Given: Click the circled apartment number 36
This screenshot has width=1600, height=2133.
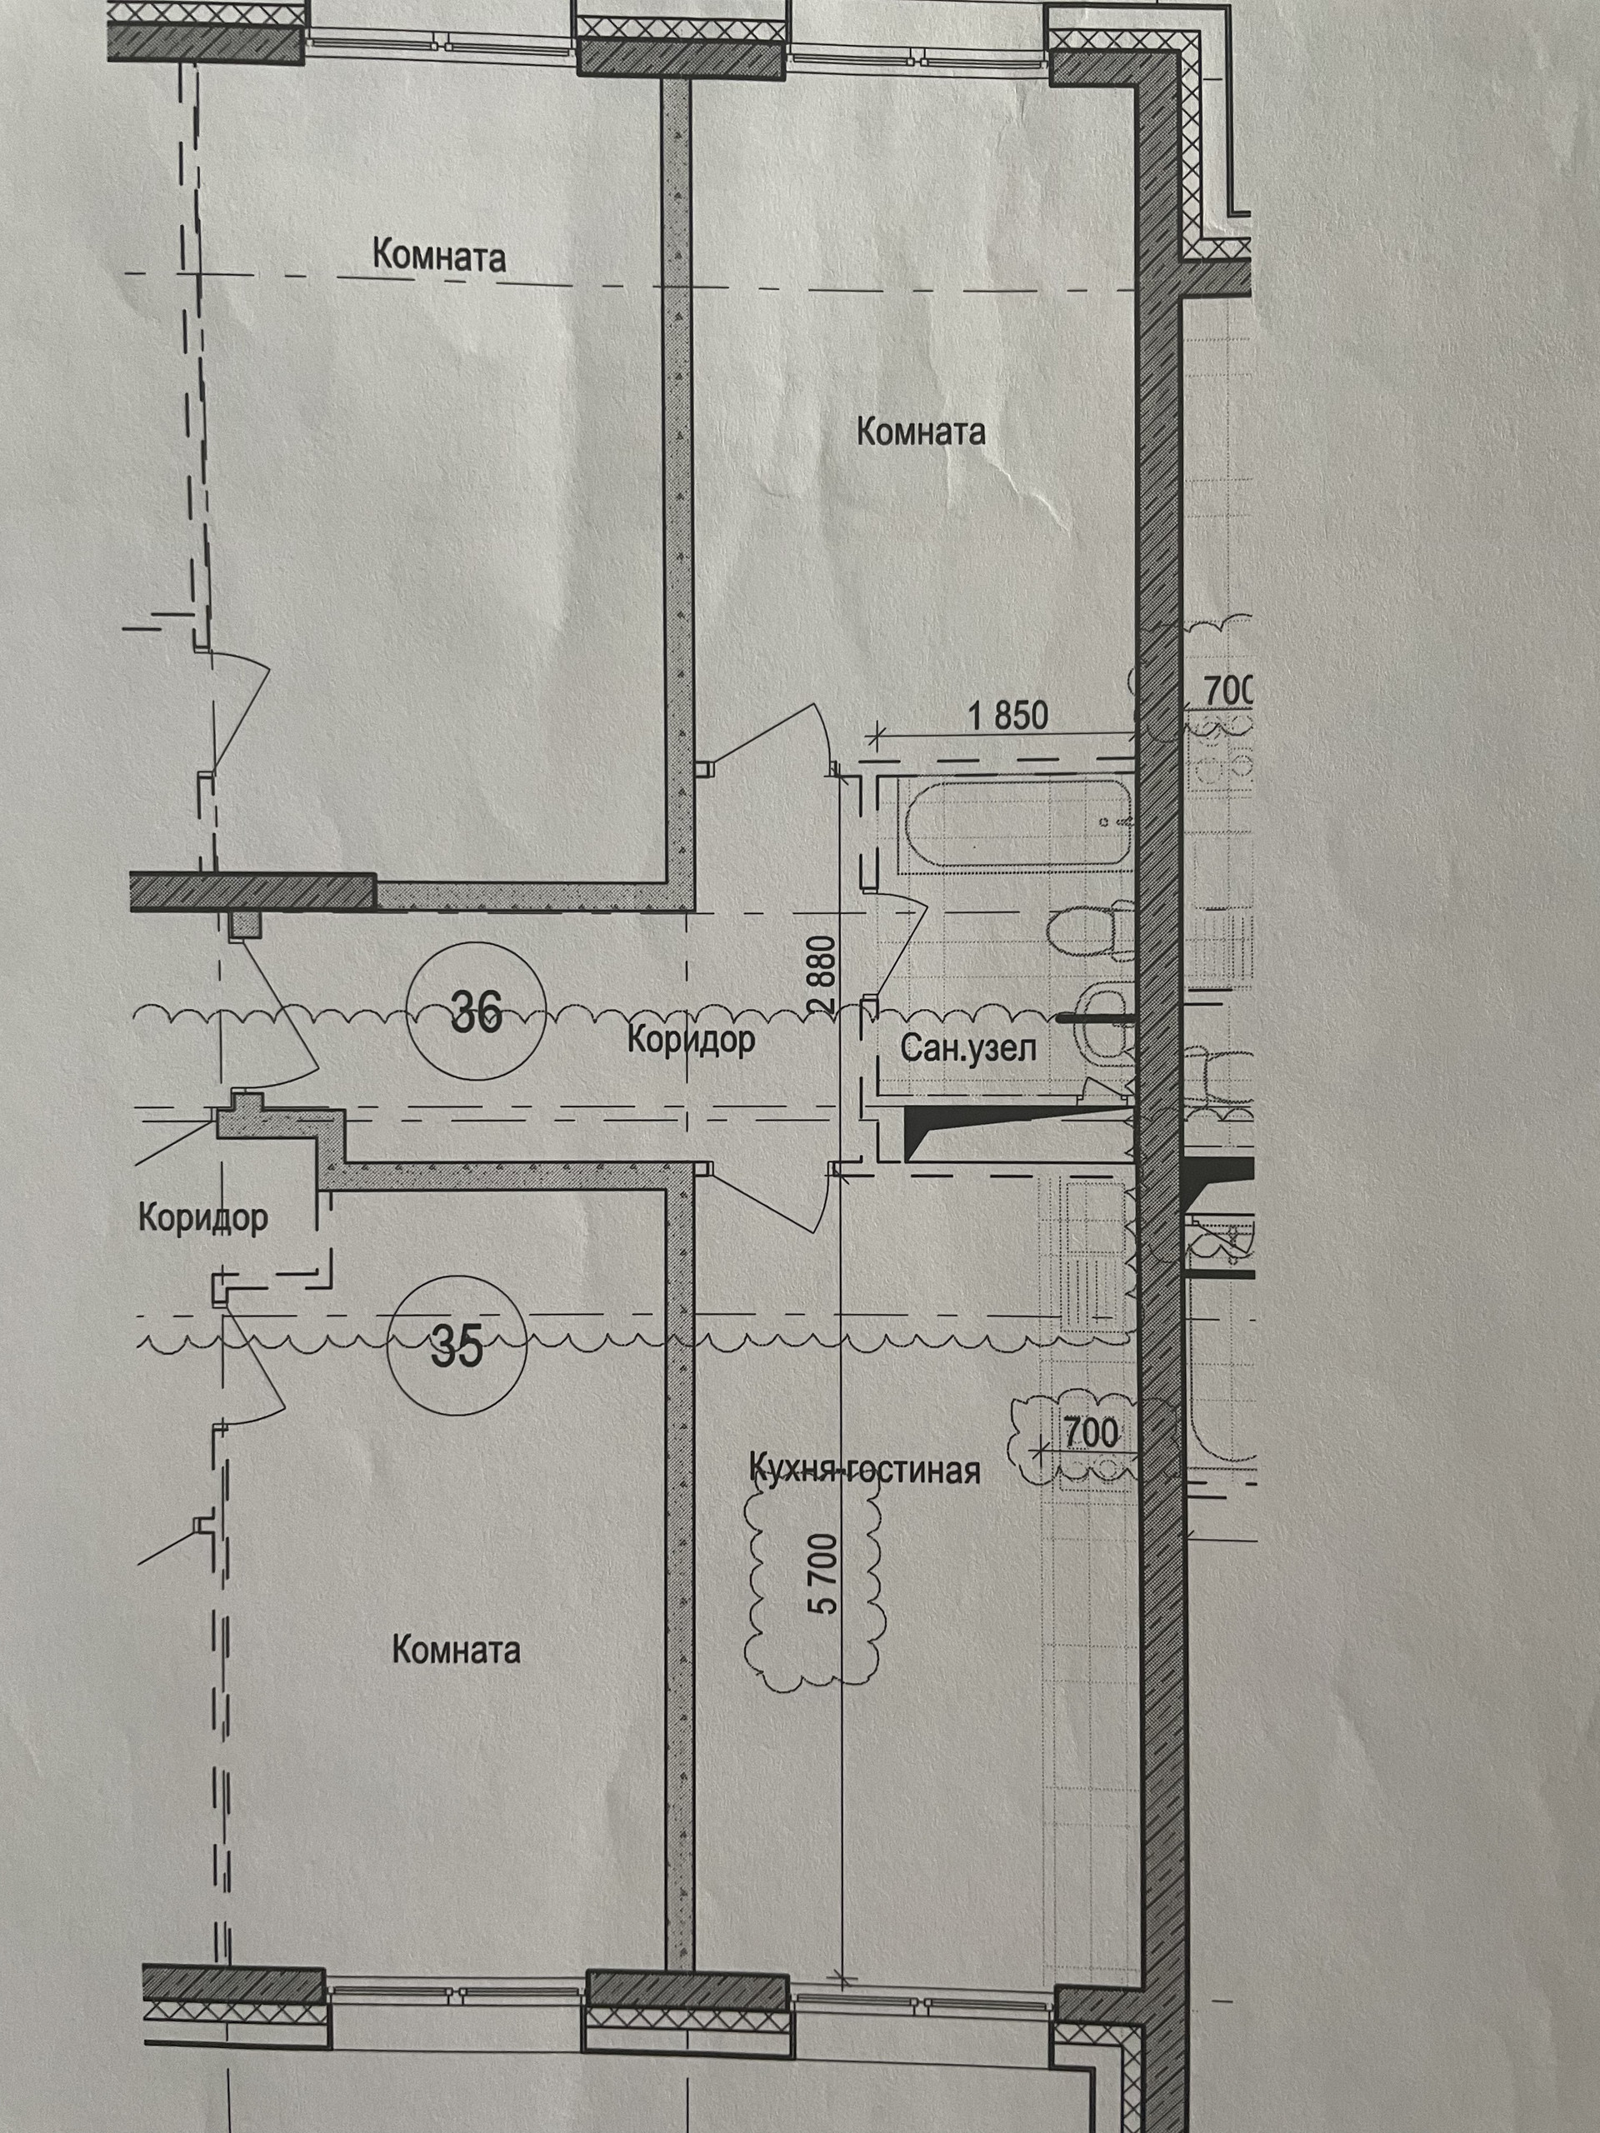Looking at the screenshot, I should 477,1012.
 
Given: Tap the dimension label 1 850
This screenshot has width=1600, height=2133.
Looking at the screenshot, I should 1007,716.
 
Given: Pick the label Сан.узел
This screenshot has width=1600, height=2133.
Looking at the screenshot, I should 968,1048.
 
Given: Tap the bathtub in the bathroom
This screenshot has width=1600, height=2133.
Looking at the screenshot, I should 1012,826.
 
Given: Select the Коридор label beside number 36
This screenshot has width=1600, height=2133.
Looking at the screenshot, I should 691,1041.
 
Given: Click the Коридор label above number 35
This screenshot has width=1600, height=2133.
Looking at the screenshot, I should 202,1217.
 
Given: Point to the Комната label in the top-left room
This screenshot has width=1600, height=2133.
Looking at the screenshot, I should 439,257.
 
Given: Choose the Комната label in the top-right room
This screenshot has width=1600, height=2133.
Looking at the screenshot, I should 921,431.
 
